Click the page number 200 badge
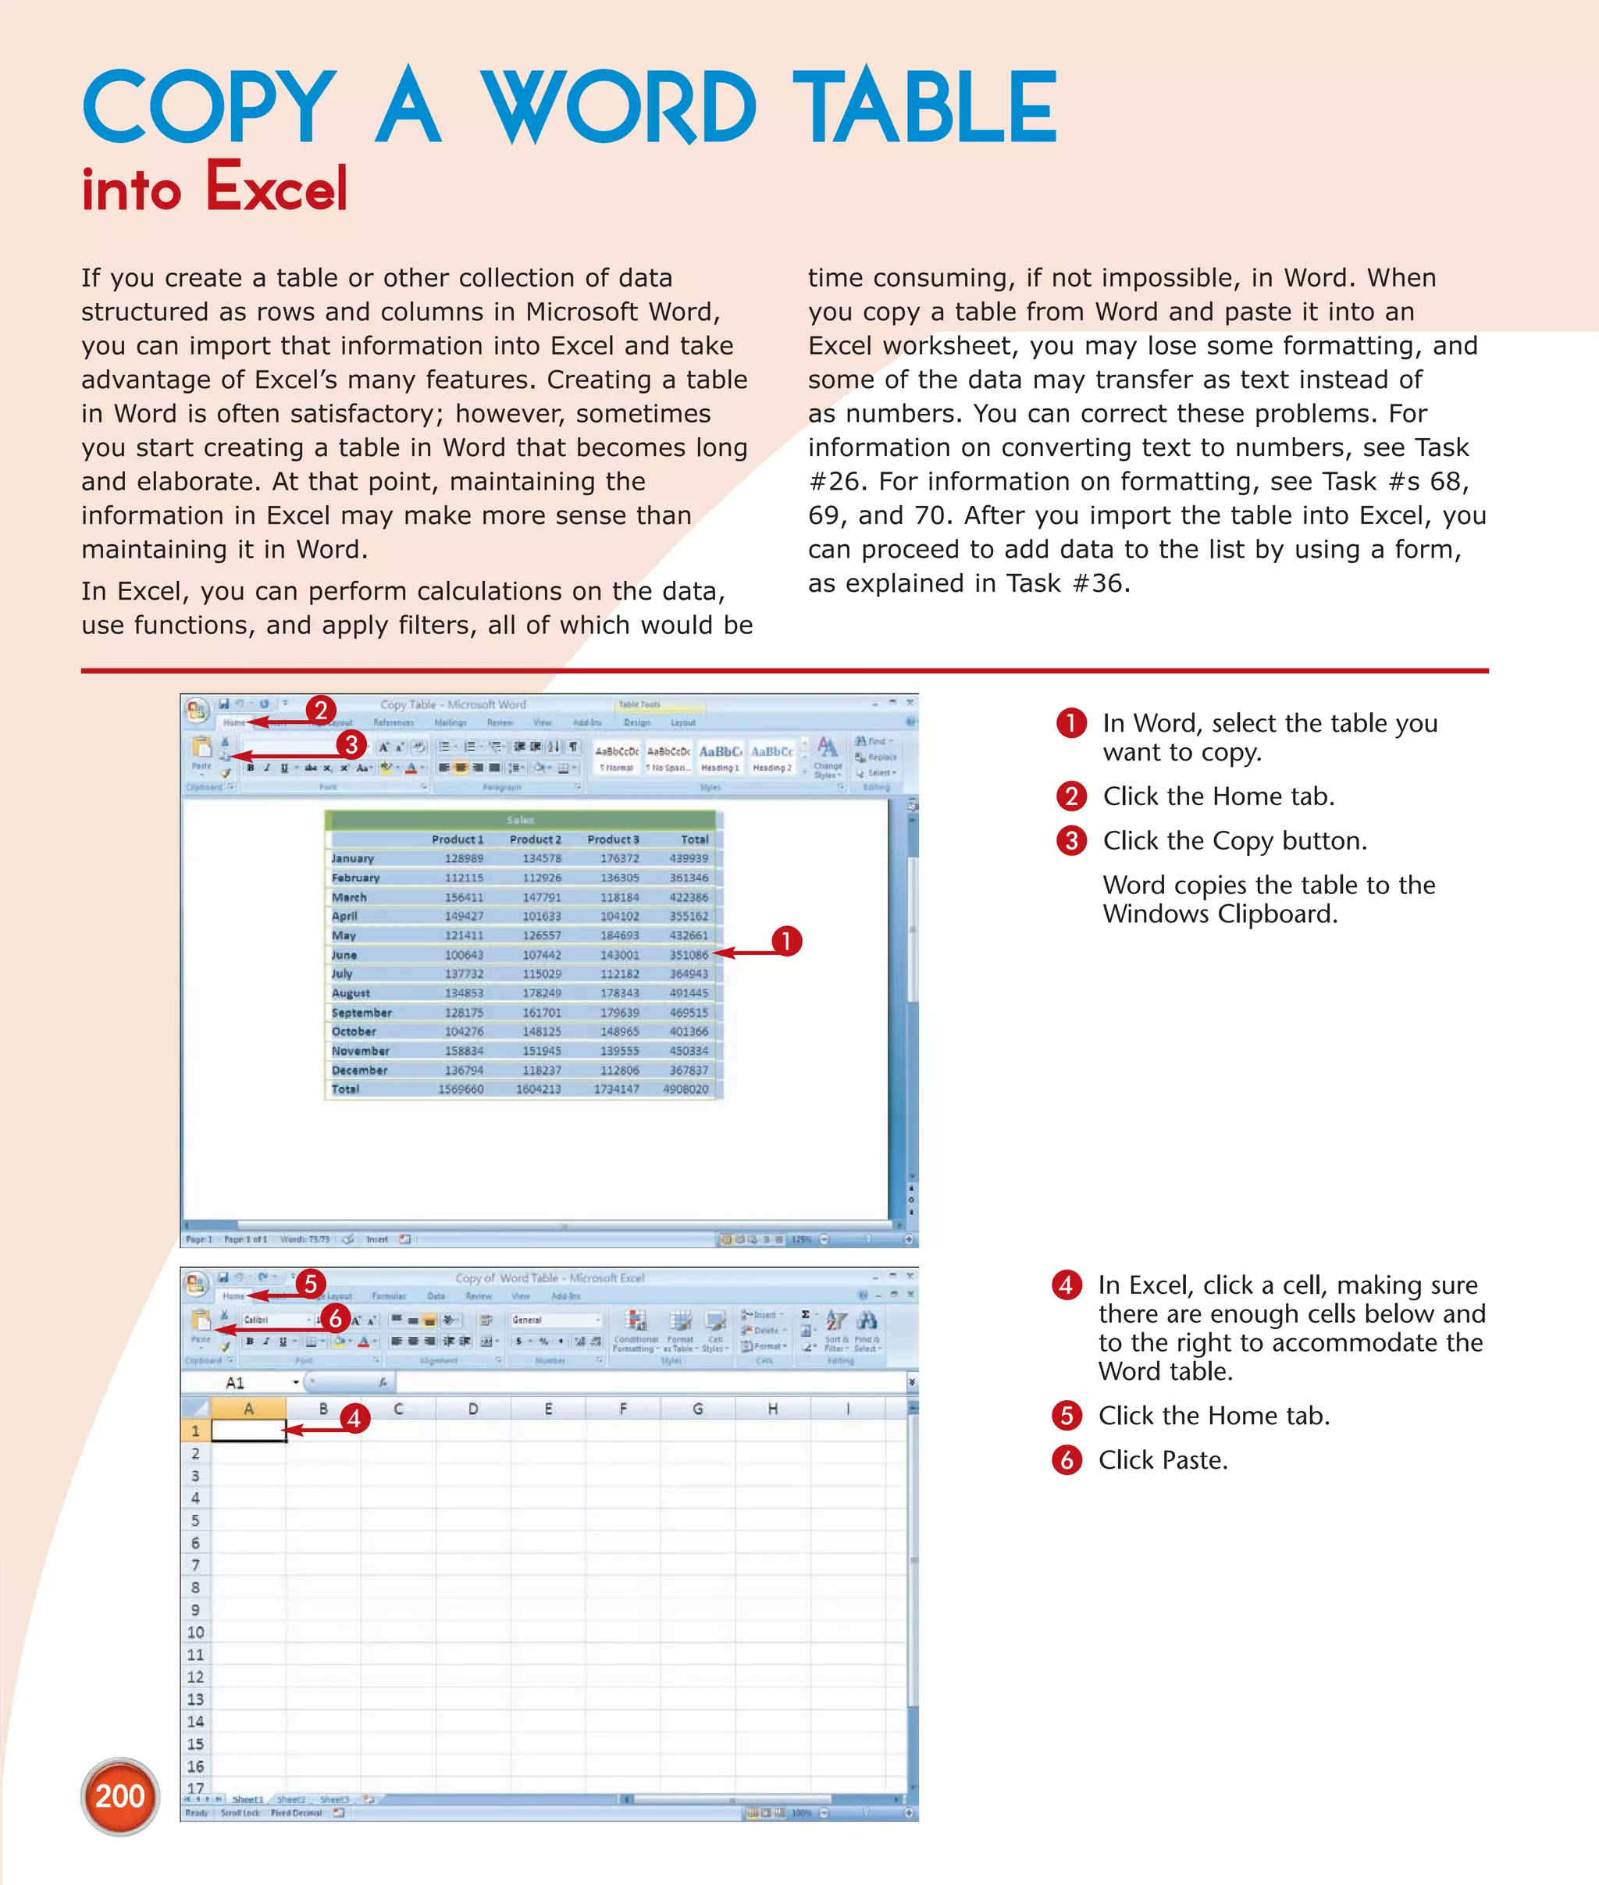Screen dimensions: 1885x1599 pos(119,1796)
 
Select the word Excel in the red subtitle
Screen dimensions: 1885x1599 pos(276,189)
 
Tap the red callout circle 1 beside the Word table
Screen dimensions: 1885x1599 pos(786,941)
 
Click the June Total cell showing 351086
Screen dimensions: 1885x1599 pos(689,955)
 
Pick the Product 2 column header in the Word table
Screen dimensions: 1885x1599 pos(535,839)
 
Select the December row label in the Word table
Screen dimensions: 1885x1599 pos(359,1070)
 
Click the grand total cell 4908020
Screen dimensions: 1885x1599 pos(686,1089)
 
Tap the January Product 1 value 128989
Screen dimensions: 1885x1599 pos(463,859)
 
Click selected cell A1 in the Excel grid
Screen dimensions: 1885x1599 pos(248,1431)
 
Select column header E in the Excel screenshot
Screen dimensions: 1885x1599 pos(547,1408)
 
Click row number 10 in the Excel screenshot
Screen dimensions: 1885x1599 pos(195,1632)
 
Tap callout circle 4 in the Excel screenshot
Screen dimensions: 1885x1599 pos(354,1418)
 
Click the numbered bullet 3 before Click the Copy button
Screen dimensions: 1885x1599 pos(1070,840)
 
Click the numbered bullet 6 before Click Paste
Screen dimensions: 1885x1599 pos(1067,1459)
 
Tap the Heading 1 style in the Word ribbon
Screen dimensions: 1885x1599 pos(720,756)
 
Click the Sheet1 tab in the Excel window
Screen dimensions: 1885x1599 pos(248,1799)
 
